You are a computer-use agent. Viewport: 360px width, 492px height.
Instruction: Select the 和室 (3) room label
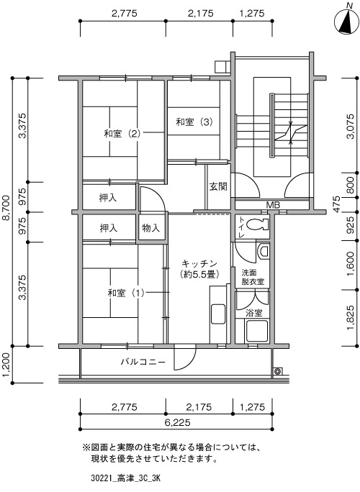[194, 122]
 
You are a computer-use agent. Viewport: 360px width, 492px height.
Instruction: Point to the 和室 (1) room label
[126, 293]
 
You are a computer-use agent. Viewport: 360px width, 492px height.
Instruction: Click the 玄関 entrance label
[218, 187]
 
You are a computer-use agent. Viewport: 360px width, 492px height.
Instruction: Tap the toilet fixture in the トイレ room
[258, 224]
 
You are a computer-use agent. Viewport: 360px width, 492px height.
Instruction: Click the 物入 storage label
[150, 228]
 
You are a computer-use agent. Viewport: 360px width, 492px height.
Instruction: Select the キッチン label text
[199, 263]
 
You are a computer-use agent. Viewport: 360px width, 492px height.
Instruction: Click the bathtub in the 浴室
[256, 331]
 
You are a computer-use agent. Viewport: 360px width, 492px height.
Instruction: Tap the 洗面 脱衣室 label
[253, 277]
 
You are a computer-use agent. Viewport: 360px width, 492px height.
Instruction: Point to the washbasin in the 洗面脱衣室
[264, 251]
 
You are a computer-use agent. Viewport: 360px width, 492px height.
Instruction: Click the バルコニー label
[143, 362]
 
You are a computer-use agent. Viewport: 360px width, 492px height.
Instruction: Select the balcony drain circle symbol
[277, 371]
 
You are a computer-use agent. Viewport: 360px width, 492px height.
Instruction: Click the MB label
[273, 205]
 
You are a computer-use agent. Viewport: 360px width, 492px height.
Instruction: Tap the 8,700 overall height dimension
[6, 211]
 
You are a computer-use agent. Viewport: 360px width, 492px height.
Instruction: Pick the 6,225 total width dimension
[178, 422]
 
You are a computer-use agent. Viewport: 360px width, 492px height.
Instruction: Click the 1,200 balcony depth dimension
[6, 365]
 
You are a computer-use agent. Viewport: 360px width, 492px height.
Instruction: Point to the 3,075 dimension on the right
[351, 126]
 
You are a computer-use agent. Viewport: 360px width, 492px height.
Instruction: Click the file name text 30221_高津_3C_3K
[126, 478]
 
